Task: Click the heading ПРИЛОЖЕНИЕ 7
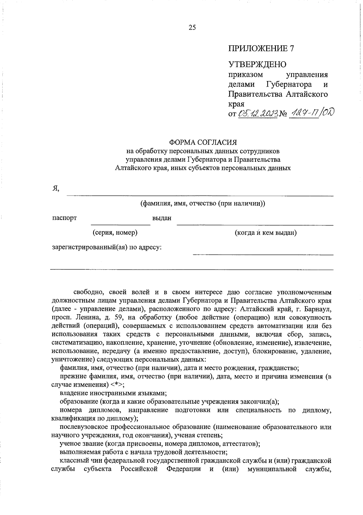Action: [x=261, y=48]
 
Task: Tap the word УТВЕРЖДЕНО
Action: [x=257, y=64]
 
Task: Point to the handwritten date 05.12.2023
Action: [x=257, y=114]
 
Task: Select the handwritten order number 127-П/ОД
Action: [x=309, y=113]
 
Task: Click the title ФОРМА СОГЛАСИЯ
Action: [x=203, y=142]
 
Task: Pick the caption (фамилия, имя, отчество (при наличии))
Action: [x=202, y=204]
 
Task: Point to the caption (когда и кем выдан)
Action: [x=266, y=233]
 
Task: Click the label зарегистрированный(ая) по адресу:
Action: [x=107, y=247]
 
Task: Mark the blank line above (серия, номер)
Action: [x=121, y=225]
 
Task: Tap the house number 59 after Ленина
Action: [x=118, y=318]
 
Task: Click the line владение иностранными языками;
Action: [x=113, y=393]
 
